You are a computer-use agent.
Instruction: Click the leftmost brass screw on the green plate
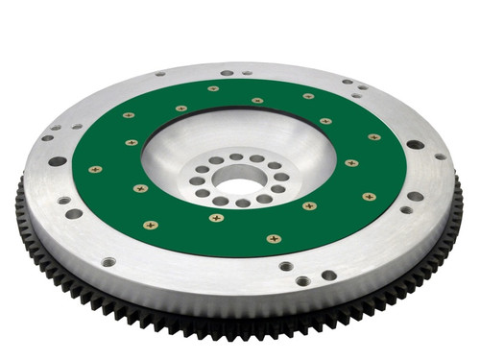click(94, 169)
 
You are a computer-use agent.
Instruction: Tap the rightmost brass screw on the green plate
click(368, 197)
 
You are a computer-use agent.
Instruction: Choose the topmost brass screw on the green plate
click(212, 88)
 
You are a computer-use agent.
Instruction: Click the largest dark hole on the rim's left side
click(58, 160)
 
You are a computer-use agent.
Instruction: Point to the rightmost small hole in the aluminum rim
click(440, 156)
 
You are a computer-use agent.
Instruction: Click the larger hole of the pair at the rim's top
click(227, 72)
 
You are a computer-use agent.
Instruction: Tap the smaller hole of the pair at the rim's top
click(246, 72)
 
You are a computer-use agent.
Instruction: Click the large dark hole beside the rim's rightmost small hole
click(415, 145)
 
